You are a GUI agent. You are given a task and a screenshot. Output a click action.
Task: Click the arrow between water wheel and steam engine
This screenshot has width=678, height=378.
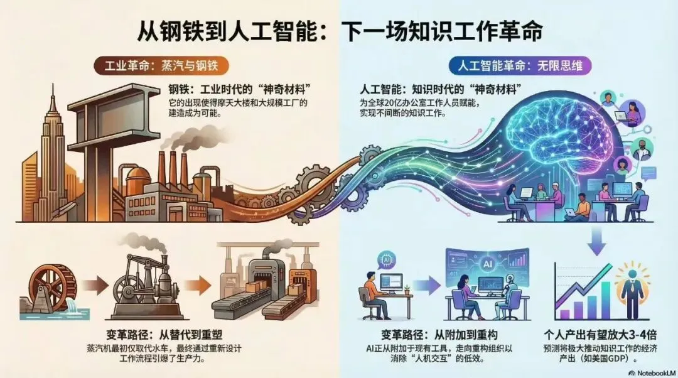[96, 286]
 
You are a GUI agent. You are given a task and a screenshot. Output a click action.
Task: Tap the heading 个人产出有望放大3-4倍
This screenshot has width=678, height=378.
[595, 334]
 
